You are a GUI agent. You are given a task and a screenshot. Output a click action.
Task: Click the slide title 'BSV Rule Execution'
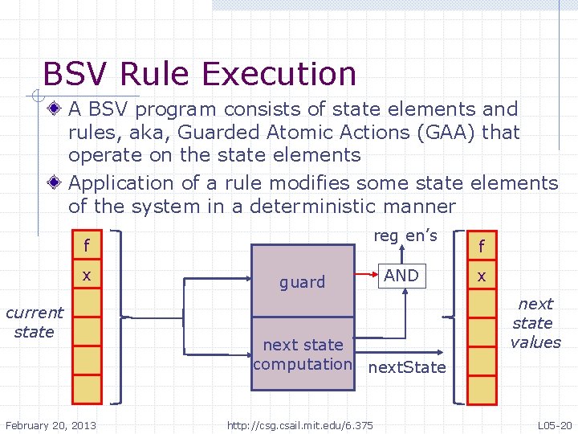pos(199,74)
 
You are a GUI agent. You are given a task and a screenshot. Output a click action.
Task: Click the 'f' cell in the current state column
pos(87,245)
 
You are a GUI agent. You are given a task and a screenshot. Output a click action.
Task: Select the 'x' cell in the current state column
pos(87,275)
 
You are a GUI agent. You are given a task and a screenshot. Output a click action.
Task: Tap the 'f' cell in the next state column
pos(482,246)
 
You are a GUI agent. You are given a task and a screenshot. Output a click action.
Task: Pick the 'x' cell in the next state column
pos(482,276)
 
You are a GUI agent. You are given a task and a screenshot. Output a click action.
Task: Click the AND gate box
pos(401,276)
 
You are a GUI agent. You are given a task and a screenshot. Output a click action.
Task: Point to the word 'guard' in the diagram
pos(302,282)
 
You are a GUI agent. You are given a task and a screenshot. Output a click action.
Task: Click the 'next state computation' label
pos(303,354)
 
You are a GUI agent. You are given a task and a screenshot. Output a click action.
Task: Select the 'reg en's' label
pos(405,235)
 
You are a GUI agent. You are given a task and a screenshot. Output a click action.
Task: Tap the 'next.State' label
pos(406,367)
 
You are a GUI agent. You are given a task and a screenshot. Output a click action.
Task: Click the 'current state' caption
pos(34,322)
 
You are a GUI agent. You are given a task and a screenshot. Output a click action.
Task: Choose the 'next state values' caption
pos(535,323)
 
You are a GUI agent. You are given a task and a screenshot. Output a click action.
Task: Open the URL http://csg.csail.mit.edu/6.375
pos(300,424)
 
